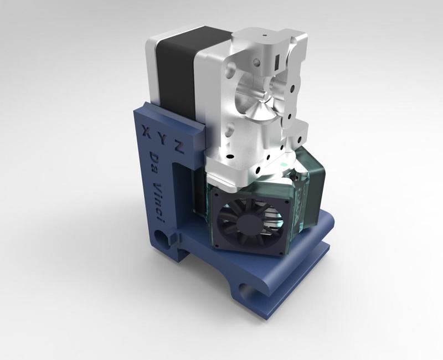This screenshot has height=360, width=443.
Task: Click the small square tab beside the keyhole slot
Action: click(x=178, y=238)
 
